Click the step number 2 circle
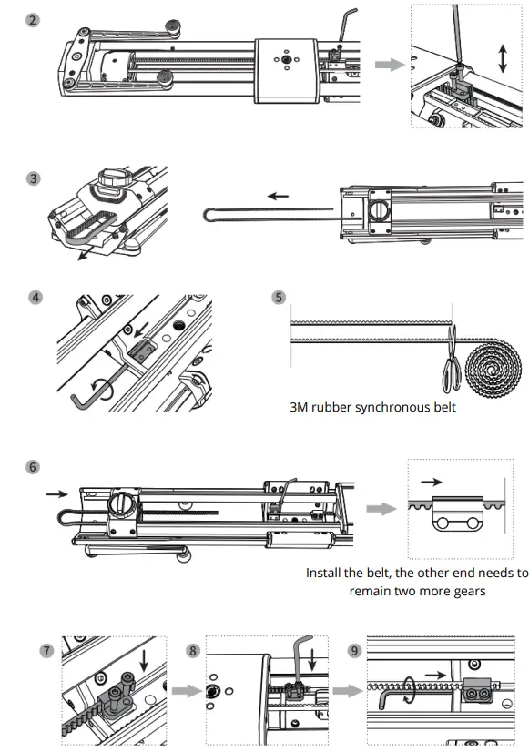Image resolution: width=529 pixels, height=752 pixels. coord(33,19)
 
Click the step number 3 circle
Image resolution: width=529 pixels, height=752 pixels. coord(33,178)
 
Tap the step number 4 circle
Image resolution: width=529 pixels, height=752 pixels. coord(34,297)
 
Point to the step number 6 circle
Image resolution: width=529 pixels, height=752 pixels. coord(33,467)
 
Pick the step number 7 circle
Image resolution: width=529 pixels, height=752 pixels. coord(46,650)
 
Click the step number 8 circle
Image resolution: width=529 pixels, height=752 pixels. coord(192,650)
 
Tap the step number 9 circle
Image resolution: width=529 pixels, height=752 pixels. coord(354,650)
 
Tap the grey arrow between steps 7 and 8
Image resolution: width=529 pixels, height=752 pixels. coord(184,691)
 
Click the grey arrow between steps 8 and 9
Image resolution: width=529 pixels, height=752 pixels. coord(345,691)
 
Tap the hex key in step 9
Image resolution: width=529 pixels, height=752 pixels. coord(393,699)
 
